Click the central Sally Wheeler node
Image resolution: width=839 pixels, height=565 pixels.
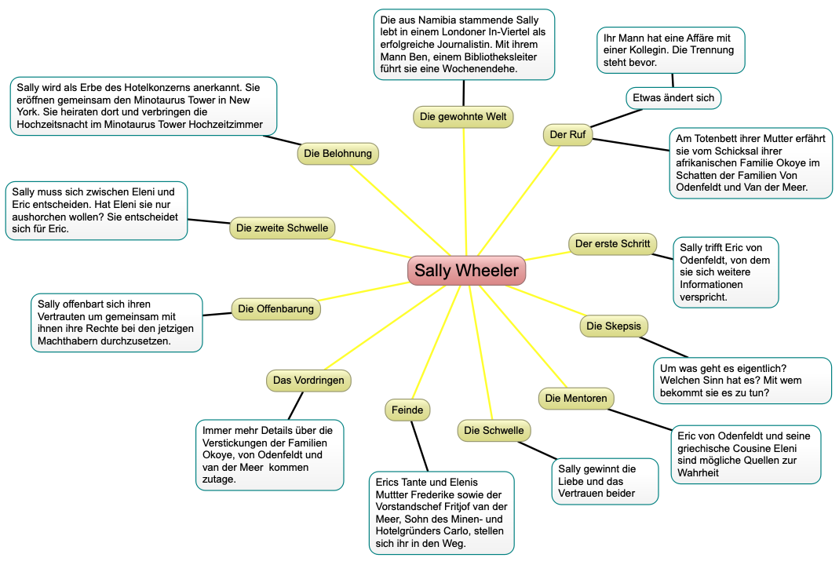[466, 271]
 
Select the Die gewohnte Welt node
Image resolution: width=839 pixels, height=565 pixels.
[463, 117]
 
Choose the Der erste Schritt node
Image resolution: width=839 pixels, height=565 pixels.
[612, 244]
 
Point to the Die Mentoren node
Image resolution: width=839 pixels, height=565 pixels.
[576, 399]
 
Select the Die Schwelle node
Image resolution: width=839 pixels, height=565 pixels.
[493, 430]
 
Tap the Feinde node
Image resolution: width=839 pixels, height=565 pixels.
[407, 410]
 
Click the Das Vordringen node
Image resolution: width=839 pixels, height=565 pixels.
[308, 381]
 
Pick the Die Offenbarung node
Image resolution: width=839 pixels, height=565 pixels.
[275, 308]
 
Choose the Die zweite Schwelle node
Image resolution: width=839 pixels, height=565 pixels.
[283, 228]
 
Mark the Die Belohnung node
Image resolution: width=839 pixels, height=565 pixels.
[337, 154]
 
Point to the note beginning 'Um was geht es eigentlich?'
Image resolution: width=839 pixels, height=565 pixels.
[742, 381]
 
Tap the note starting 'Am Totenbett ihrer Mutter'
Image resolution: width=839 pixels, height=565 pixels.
[750, 163]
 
